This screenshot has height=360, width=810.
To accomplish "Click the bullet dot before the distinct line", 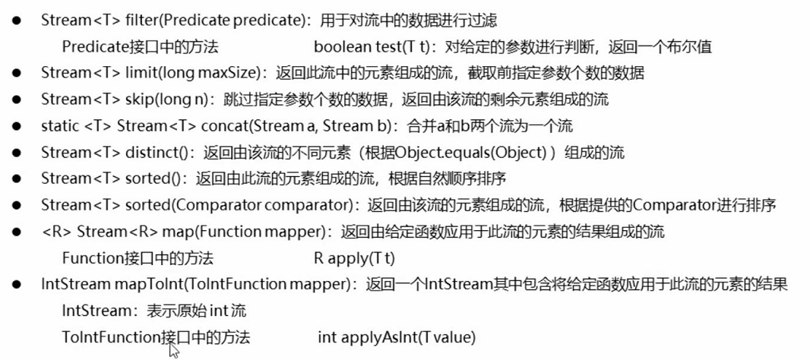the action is (17, 153).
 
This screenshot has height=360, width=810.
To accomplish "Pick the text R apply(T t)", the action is (354, 257).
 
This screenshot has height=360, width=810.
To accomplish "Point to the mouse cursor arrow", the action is (173, 349).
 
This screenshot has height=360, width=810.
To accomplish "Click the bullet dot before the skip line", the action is (17, 100).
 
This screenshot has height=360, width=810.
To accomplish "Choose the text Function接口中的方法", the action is (138, 257).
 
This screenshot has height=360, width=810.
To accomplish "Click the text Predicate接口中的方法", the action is (140, 47).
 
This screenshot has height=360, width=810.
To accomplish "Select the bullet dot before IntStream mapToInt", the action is (17, 285).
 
